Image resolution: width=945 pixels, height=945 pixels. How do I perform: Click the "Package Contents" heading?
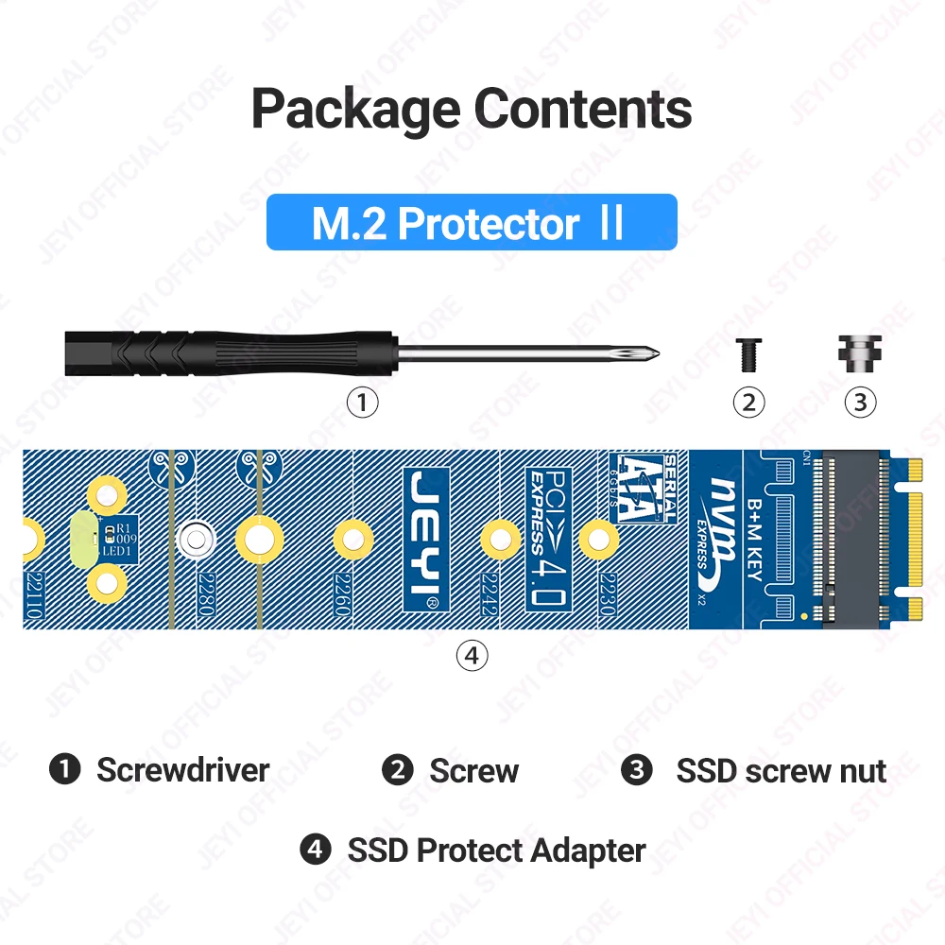(x=472, y=109)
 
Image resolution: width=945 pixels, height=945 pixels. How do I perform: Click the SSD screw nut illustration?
(x=859, y=352)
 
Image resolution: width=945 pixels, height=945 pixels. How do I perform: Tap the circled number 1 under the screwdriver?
(x=362, y=403)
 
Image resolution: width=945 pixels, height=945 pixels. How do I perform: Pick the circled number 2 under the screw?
(x=748, y=403)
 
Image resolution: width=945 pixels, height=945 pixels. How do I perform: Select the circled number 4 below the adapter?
(x=472, y=654)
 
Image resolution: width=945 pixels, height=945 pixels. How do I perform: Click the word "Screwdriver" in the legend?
(x=182, y=770)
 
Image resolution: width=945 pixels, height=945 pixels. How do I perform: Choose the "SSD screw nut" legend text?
(x=781, y=771)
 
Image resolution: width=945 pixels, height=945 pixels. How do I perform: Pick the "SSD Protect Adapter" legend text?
(x=496, y=850)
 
